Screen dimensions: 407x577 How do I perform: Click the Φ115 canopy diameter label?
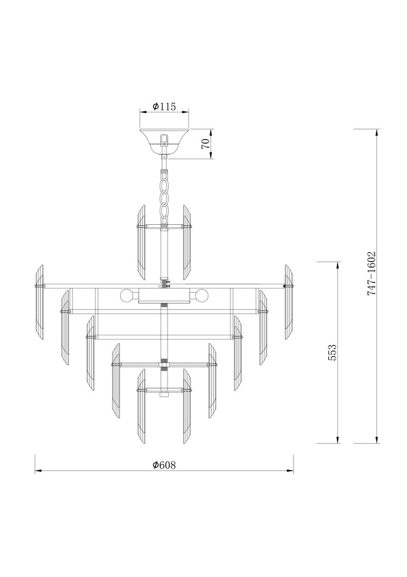point(164,106)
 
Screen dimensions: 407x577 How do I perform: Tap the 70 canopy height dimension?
point(207,144)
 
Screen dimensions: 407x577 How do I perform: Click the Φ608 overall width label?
point(164,465)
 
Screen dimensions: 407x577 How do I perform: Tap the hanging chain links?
point(164,197)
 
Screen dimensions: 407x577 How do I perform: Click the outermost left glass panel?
point(39,302)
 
